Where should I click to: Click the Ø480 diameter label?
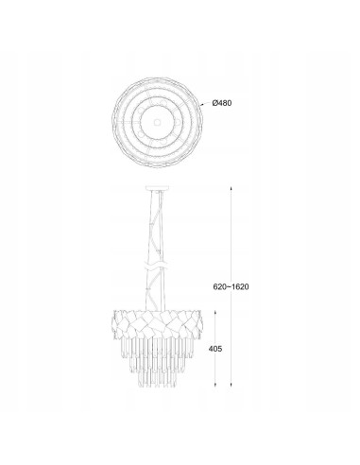click(222, 103)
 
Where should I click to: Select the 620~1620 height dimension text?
click(231, 286)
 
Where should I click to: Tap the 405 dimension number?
click(215, 349)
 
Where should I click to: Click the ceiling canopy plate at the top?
click(157, 188)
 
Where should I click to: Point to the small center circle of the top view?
click(157, 121)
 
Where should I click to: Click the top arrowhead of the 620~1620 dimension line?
click(231, 188)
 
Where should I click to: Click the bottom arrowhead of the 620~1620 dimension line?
click(231, 385)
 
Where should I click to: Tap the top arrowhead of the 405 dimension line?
click(215, 313)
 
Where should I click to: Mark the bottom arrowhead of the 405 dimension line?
click(215, 385)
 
